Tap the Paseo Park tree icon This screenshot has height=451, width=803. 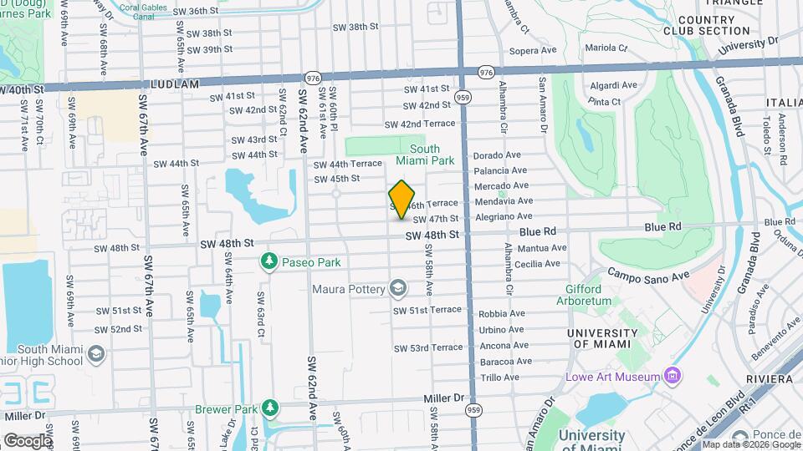point(269,262)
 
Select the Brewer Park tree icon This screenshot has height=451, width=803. point(269,408)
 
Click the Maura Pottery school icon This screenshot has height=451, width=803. point(399,289)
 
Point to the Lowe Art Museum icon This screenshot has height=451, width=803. point(671,377)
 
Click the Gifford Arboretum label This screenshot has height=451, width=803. point(584,294)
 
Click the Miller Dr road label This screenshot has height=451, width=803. point(447,398)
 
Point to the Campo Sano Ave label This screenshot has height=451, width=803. point(647,274)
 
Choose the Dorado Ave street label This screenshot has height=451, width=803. point(497,155)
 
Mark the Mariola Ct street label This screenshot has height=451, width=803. point(606,48)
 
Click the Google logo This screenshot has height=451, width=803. point(27,440)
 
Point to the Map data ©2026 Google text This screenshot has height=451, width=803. point(750,444)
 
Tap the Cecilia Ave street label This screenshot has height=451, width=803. point(537,263)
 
